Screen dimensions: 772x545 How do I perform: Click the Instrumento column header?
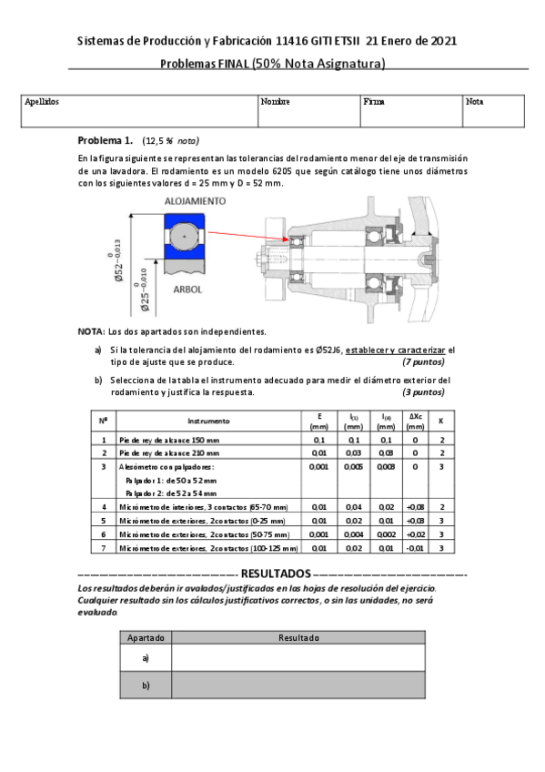(x=208, y=421)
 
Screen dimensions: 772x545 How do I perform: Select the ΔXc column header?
(x=415, y=421)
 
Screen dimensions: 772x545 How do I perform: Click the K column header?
(x=441, y=421)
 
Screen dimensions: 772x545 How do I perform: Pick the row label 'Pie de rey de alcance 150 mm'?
(x=168, y=440)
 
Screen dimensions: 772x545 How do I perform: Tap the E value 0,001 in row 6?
(x=319, y=535)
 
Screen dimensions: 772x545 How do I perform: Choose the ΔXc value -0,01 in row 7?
(x=415, y=549)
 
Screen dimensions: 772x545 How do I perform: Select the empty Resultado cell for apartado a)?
(x=298, y=657)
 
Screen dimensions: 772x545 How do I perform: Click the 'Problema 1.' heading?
(x=105, y=141)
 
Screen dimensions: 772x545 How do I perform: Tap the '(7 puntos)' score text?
(x=423, y=361)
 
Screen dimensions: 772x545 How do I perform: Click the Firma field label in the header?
(x=373, y=102)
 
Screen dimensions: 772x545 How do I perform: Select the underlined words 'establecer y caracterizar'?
(x=399, y=350)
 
